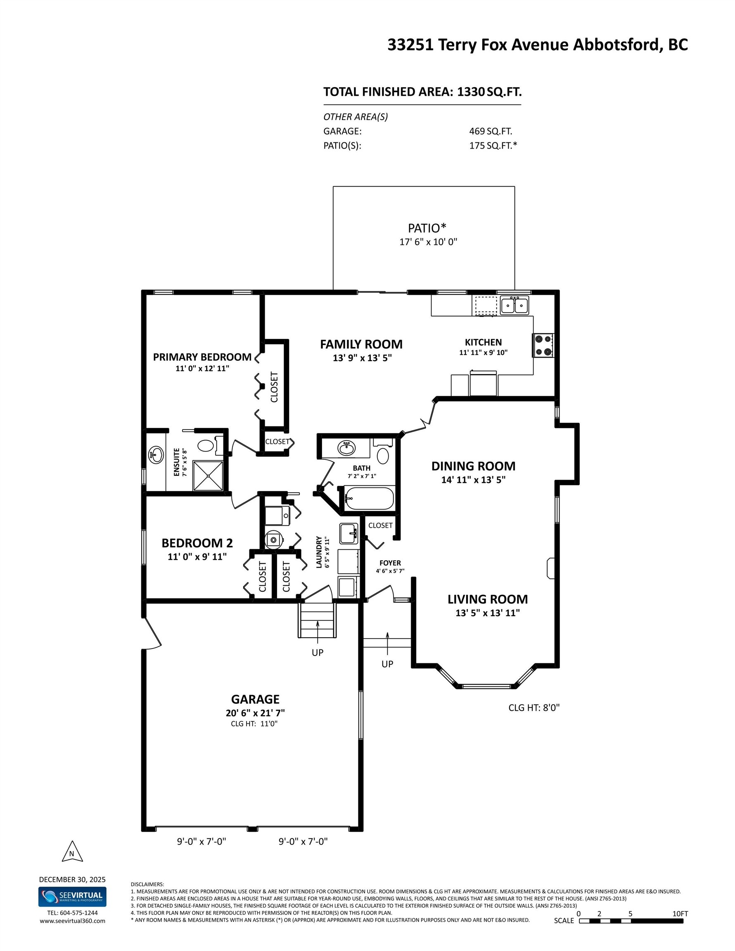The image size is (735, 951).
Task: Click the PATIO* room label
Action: [427, 228]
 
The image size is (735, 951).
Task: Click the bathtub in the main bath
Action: [369, 498]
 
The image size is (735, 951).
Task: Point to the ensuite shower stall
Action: [208, 475]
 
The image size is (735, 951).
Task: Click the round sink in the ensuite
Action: [156, 455]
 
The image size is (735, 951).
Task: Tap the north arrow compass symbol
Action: [72, 852]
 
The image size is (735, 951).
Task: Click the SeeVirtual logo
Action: [72, 897]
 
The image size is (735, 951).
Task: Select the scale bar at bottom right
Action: [631, 921]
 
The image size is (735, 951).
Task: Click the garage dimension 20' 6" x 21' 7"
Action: [255, 713]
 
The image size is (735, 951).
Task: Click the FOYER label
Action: [390, 563]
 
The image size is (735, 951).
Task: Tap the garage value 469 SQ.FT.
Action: [491, 131]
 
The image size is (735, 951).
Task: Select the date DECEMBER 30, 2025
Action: [72, 879]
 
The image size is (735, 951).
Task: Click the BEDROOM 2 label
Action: [197, 543]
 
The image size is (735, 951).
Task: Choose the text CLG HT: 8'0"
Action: [534, 707]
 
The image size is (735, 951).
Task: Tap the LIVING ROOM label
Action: [488, 599]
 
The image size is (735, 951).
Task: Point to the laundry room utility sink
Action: [349, 533]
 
